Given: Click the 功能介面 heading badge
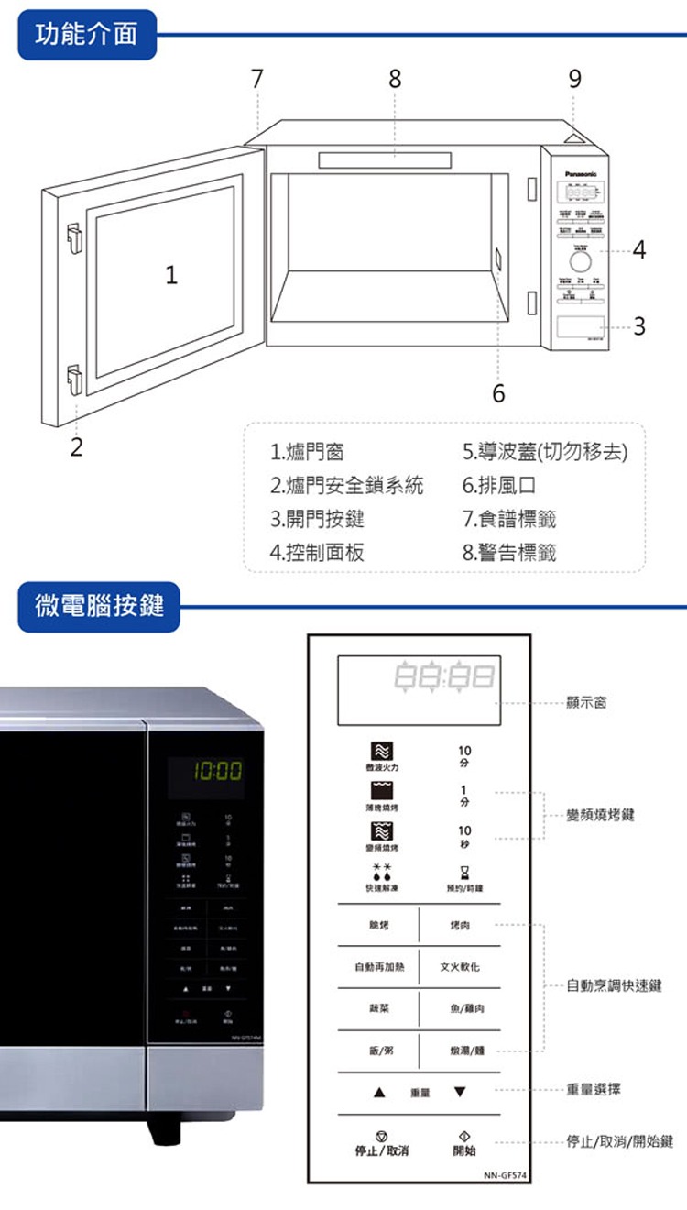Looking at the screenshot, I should [x=87, y=35].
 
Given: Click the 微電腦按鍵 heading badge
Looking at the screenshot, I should [x=99, y=605].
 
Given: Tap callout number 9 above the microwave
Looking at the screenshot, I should [x=574, y=80].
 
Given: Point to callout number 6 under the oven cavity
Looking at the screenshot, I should [x=498, y=394].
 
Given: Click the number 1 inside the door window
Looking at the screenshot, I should [x=171, y=275].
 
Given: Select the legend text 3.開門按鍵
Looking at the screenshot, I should [x=317, y=519].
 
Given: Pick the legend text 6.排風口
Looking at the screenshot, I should [x=499, y=486].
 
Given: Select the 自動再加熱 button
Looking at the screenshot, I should [x=376, y=967].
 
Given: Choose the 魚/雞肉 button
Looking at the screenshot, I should [x=467, y=1008].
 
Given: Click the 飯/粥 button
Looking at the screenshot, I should [x=376, y=1050].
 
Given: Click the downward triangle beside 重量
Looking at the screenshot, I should [x=460, y=1092].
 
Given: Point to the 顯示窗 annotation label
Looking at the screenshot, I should [x=586, y=703].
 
